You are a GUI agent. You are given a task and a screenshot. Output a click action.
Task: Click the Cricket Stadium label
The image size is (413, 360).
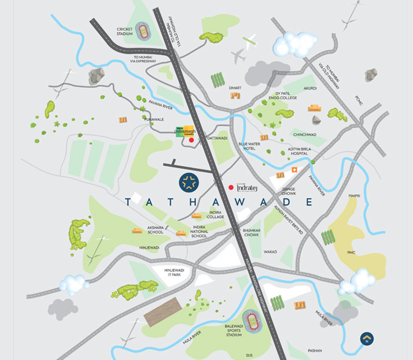click(124, 31)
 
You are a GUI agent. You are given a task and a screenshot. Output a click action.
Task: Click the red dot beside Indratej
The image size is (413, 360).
click(231, 187)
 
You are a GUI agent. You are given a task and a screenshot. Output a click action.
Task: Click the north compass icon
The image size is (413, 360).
click(366, 338)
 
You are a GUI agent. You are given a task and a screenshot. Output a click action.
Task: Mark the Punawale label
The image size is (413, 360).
click(141, 119)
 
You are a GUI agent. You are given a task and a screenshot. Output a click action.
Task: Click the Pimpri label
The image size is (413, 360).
click(354, 196)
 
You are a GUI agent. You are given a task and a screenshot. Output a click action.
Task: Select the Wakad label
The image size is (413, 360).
click(270, 252)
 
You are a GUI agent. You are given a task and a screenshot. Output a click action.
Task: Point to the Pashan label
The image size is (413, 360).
click(315, 351)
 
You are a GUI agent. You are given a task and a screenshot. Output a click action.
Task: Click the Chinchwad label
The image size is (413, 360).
click(304, 135)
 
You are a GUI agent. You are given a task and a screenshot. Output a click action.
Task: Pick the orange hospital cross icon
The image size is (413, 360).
click(294, 170)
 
